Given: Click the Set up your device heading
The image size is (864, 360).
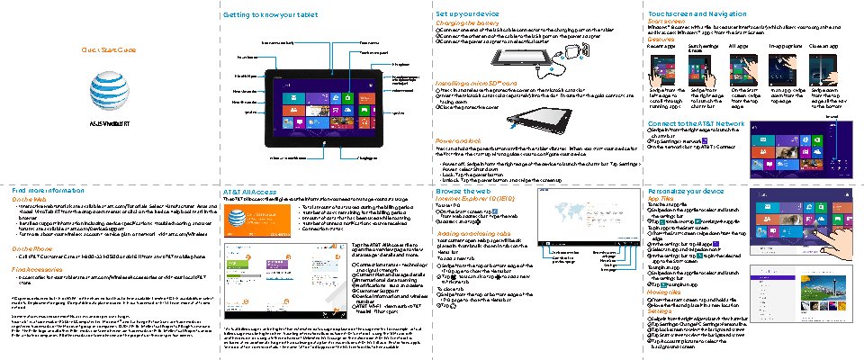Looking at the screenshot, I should pos(468,15).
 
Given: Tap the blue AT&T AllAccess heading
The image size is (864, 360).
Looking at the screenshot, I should pos(248,192).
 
